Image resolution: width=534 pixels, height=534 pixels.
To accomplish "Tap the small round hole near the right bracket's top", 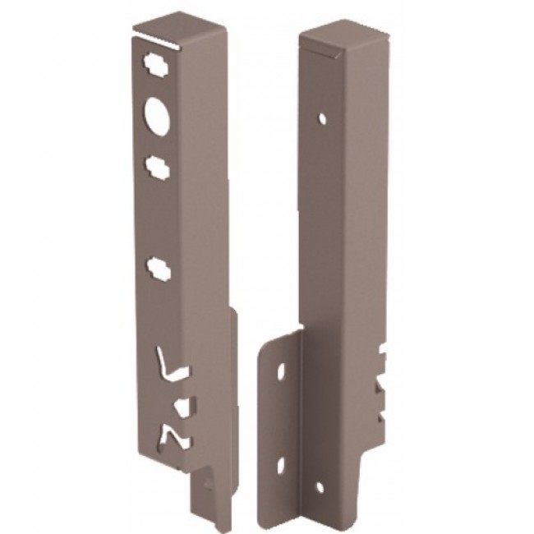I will pos(325,117).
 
